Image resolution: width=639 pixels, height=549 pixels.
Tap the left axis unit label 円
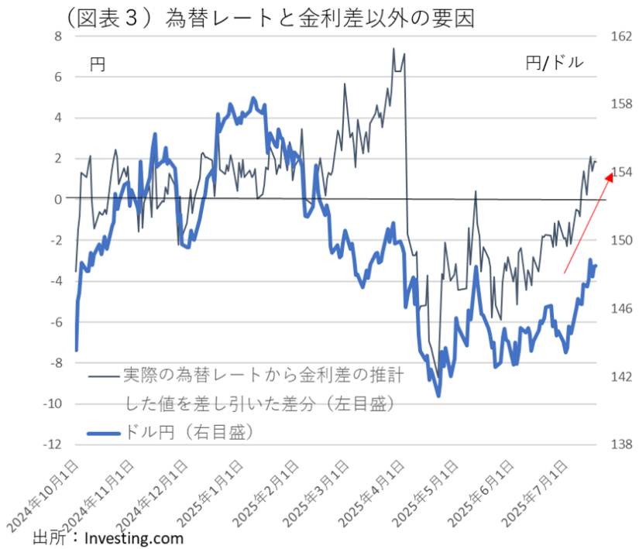(x=98, y=64)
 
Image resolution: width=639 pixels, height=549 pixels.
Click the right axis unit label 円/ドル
(x=554, y=63)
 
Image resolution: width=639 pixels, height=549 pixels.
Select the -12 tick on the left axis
(x=51, y=444)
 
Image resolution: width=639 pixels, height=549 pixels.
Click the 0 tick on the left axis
(x=57, y=199)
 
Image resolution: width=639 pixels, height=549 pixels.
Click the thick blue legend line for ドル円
(x=105, y=432)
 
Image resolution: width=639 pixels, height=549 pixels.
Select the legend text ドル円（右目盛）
(x=191, y=432)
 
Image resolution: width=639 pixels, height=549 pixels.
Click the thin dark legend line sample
(x=105, y=376)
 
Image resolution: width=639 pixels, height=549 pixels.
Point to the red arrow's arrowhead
(x=610, y=177)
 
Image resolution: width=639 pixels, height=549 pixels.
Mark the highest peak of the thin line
(x=393, y=49)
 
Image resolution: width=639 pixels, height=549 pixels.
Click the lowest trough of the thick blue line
(x=438, y=396)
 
